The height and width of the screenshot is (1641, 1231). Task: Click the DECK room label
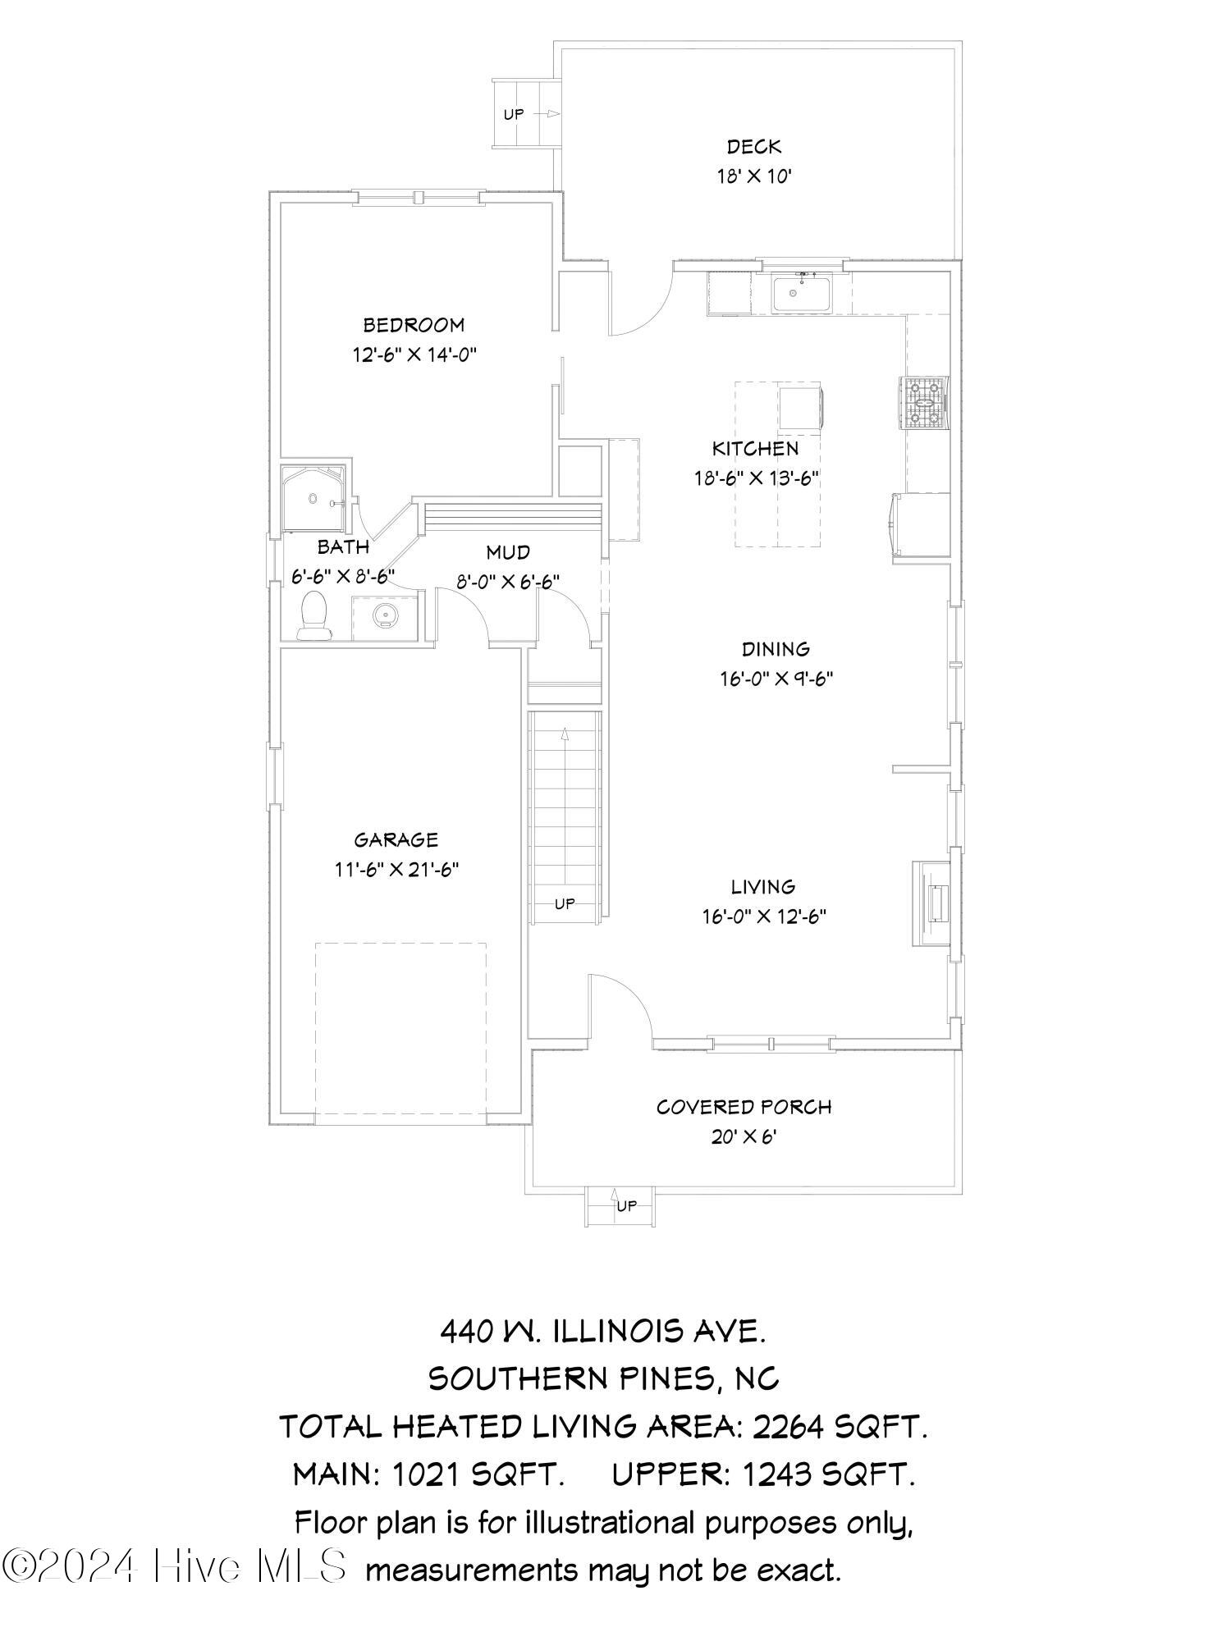754,147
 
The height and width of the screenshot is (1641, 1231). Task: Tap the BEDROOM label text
414,325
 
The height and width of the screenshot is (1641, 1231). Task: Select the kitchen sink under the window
800,294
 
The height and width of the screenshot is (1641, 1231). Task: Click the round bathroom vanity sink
383,614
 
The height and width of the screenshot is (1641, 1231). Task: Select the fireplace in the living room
932,903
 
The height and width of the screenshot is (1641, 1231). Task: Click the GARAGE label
396,839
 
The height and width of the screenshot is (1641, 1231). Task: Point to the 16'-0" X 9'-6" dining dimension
776,679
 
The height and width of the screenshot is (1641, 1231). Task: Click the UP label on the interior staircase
565,903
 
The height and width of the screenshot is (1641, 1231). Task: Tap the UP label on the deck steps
514,113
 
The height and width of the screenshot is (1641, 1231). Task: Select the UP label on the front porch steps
626,1205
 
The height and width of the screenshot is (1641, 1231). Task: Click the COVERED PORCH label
744,1107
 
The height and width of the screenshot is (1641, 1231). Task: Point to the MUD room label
508,551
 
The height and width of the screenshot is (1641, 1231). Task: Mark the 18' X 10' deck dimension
754,176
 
